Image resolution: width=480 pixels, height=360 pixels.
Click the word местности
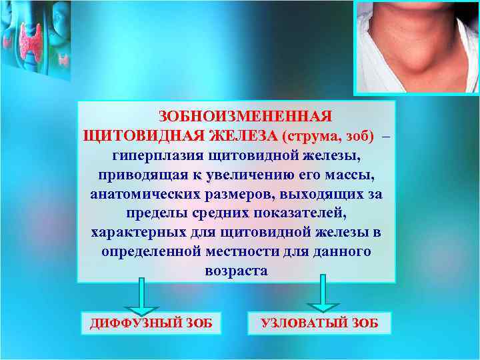click(x=249, y=253)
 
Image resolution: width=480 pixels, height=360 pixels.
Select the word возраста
click(x=235, y=272)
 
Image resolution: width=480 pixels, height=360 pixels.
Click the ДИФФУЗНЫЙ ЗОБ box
click(x=151, y=323)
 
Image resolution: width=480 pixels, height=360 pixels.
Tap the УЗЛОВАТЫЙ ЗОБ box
click(x=319, y=323)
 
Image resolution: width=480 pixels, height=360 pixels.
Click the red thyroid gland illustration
click(x=31, y=41)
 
